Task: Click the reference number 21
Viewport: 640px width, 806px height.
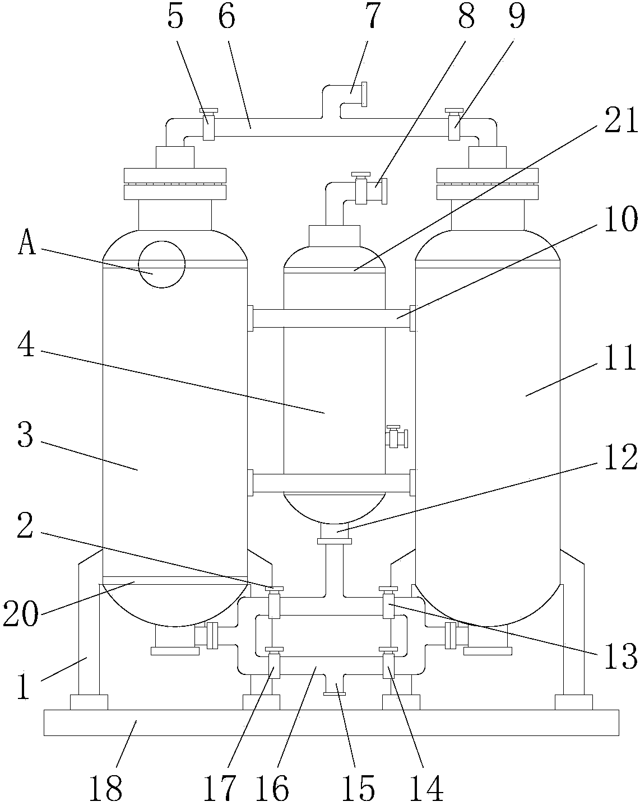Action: [x=621, y=120]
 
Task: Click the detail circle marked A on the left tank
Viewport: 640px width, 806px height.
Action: [x=161, y=264]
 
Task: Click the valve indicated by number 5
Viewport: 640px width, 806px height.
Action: [x=208, y=124]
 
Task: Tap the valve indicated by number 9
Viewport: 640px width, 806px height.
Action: [x=454, y=124]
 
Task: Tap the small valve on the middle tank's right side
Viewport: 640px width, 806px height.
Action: [x=396, y=437]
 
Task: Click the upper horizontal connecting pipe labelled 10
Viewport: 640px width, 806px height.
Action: [x=332, y=318]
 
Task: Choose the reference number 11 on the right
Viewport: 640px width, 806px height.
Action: [x=620, y=358]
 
